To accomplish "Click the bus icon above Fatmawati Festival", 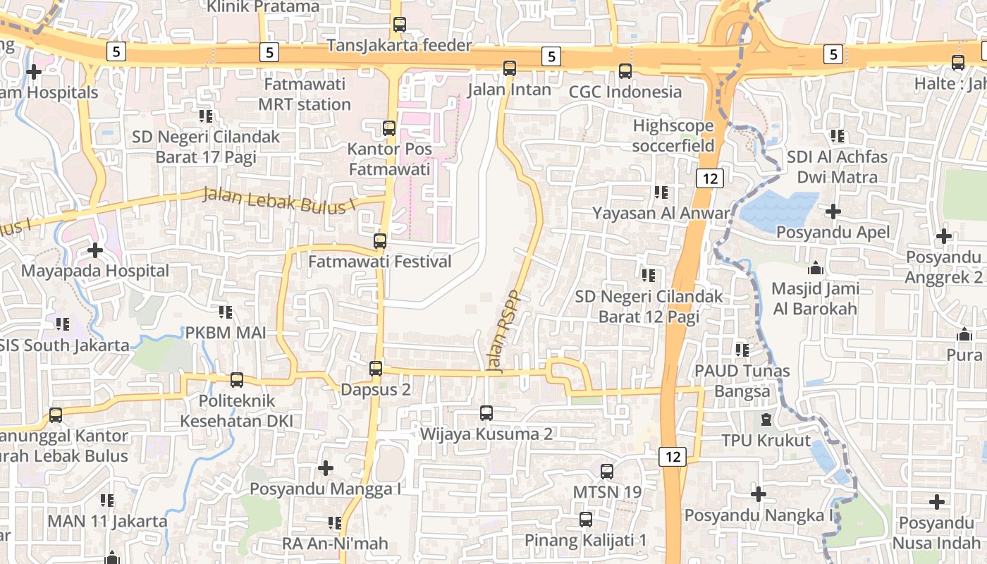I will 380,241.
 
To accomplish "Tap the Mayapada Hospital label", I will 95,271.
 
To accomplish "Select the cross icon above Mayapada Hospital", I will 95,250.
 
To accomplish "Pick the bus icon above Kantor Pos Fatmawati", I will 388,128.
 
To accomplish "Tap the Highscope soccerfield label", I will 673,135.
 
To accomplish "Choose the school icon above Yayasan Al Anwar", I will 661,192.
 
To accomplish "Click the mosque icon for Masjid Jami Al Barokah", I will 816,268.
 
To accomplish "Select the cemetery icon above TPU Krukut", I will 766,420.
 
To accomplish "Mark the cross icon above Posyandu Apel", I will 833,211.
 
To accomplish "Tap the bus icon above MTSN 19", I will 607,471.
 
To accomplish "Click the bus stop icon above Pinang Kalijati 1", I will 585,520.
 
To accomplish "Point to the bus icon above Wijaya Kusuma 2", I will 486,413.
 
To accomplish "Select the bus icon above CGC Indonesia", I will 625,70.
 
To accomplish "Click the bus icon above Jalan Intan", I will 510,68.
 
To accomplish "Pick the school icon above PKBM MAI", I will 225,312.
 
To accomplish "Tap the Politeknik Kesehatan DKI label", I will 236,412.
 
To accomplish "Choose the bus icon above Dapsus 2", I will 376,369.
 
